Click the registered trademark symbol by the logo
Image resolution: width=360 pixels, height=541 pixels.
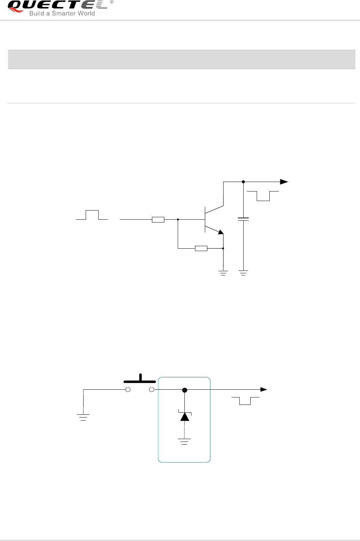[112, 2]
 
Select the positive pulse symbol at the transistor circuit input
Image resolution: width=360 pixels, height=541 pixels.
[92, 215]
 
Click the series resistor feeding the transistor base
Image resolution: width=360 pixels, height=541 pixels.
[158, 220]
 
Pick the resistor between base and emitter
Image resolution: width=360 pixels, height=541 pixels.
[201, 248]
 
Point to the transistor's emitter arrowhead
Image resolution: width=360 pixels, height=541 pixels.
[220, 232]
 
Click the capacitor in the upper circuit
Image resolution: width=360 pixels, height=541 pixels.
[243, 219]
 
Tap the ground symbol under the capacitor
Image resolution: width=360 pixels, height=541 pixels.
[243, 273]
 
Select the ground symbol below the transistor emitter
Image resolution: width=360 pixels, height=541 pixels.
[223, 273]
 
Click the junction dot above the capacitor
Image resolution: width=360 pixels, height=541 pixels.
[243, 182]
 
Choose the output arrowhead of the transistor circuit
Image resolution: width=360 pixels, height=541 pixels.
[284, 182]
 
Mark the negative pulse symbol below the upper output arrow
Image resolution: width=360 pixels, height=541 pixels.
[263, 196]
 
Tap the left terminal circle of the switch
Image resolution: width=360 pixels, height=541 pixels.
[128, 389]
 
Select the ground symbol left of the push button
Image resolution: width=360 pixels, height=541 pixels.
[83, 418]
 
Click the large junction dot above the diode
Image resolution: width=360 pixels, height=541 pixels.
[184, 390]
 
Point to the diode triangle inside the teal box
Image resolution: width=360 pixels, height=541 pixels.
[184, 417]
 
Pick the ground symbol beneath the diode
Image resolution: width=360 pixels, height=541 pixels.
[184, 441]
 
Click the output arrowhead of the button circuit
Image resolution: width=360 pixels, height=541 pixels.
[263, 389]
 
